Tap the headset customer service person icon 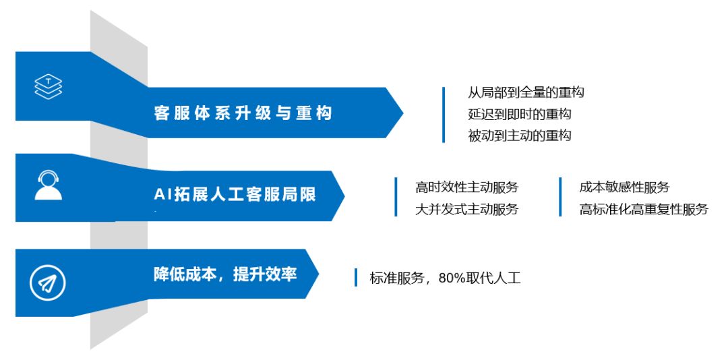pos(48,185)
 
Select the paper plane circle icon pos(48,283)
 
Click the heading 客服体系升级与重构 pos(243,113)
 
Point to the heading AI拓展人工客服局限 pos(235,196)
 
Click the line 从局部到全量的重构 pos(526,93)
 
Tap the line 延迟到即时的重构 pos(520,114)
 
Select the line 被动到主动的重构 pos(520,136)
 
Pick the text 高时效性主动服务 pos(466,187)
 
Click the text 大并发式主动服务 pos(466,209)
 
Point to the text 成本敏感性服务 pos(624,187)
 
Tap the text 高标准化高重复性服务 pos(644,209)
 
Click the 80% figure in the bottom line pos(453,278)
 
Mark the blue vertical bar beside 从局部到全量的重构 pos(444,115)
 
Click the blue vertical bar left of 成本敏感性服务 pos(560,197)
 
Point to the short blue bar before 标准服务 pos(356,277)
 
